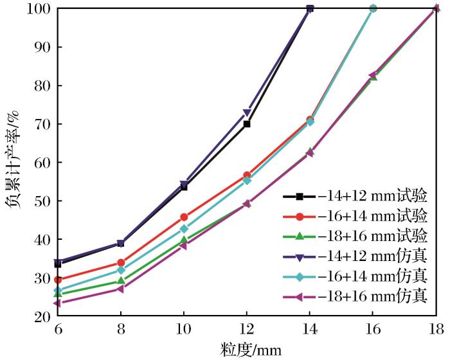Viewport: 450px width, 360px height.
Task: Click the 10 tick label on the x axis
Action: point(184,330)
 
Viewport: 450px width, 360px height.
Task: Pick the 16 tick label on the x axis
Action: point(373,330)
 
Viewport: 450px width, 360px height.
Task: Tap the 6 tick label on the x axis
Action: point(58,330)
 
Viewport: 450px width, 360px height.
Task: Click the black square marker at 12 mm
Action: point(247,124)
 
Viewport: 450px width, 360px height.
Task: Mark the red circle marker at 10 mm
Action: point(184,217)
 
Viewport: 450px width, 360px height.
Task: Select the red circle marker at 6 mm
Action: point(58,280)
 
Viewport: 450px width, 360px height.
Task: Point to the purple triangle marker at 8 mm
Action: point(121,289)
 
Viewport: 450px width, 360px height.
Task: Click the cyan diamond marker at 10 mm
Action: point(184,229)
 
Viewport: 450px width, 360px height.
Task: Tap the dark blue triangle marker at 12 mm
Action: point(247,113)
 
